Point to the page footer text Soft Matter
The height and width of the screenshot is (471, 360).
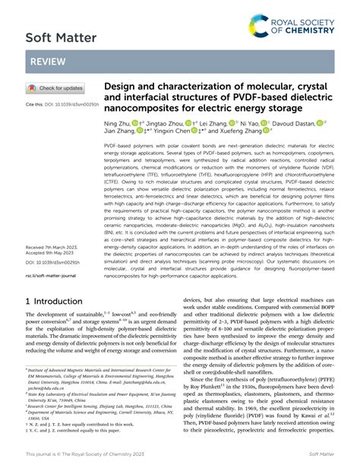(x=318, y=454)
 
